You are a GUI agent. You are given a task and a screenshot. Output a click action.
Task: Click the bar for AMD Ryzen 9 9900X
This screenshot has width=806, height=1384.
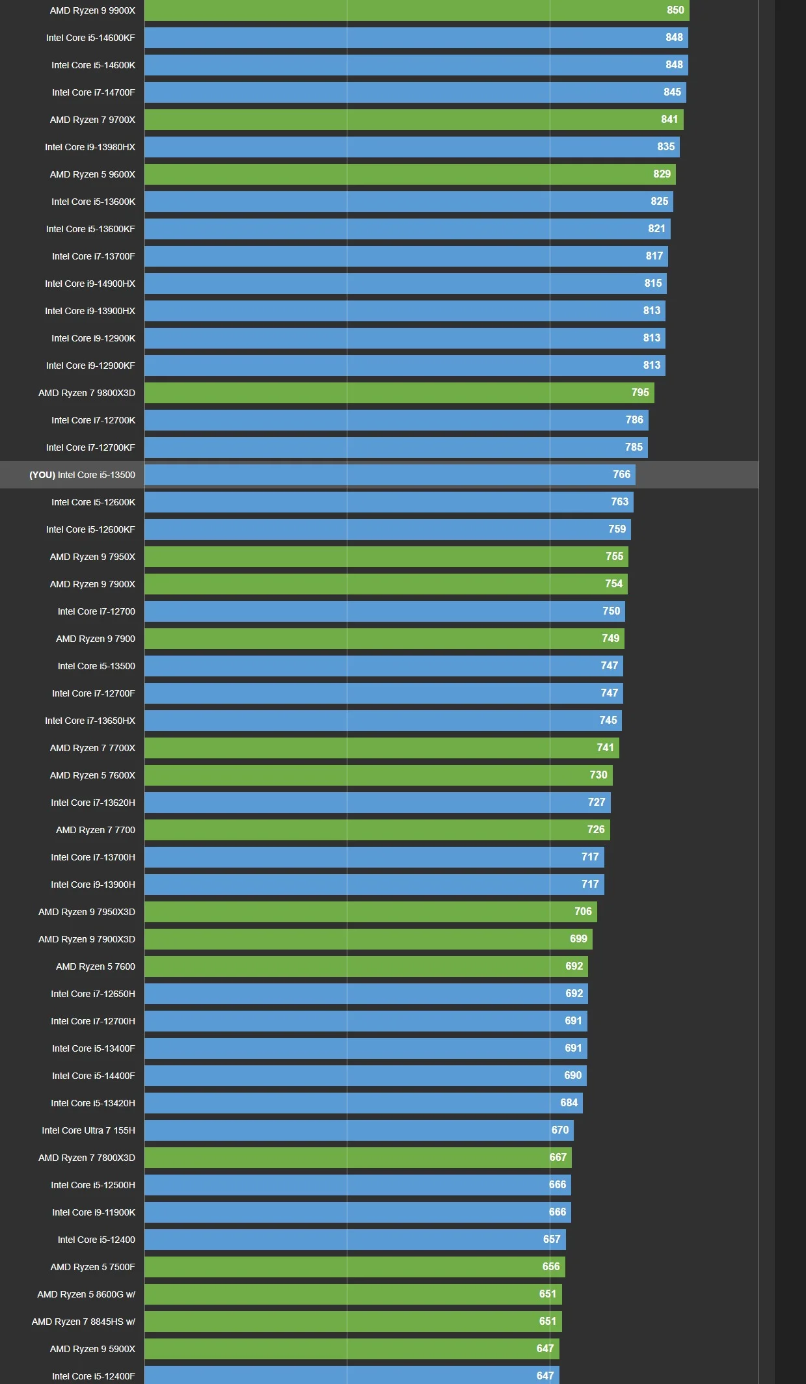[x=416, y=10]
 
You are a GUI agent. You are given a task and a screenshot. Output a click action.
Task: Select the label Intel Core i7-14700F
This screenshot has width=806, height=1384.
[x=94, y=92]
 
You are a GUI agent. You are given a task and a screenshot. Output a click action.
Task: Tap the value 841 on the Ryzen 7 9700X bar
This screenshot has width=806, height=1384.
[x=669, y=120]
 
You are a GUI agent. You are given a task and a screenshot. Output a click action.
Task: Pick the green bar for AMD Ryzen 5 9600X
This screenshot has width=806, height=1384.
[x=410, y=174]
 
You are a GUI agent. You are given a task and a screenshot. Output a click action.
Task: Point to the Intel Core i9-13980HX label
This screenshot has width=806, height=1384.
[x=90, y=147]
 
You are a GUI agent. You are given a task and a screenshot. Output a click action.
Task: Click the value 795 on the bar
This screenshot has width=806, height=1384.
[x=639, y=393]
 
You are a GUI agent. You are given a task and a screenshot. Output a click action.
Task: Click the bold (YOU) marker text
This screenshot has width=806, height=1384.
[x=42, y=475]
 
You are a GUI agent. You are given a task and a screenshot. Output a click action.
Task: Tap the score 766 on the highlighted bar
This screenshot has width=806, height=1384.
[x=621, y=475]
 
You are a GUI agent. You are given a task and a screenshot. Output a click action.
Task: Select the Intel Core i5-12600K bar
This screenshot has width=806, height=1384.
[x=388, y=502]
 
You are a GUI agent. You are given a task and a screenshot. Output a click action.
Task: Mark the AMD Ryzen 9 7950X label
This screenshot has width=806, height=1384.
[x=92, y=557]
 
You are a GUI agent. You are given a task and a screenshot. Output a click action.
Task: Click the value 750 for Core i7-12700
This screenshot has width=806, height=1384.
[x=611, y=611]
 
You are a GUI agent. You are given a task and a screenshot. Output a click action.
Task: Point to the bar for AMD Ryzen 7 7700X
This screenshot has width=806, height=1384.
[x=381, y=748]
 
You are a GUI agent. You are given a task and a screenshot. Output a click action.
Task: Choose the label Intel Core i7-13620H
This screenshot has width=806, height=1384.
[x=93, y=803]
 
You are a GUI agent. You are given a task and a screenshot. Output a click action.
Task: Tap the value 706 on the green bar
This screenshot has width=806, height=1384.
[x=583, y=912]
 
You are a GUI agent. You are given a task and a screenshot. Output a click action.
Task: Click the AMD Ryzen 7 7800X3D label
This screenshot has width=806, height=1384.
[x=87, y=1158]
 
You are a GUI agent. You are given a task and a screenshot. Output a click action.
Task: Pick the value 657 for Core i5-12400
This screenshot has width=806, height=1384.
[x=551, y=1240]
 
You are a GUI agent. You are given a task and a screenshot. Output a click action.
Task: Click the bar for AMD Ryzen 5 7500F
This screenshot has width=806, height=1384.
[x=355, y=1267]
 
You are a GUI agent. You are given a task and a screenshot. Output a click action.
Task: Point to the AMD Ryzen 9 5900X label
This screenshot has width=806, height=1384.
[x=92, y=1349]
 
